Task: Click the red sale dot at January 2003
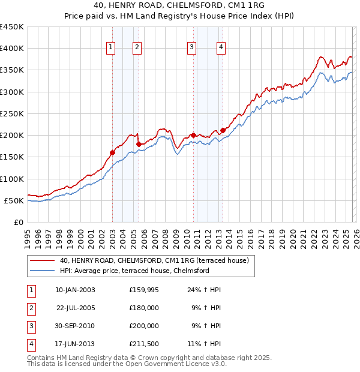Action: point(112,152)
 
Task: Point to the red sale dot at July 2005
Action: point(139,144)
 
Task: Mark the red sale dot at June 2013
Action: point(223,130)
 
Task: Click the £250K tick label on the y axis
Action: point(12,113)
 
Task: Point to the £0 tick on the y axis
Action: point(19,222)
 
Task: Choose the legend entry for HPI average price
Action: point(134,271)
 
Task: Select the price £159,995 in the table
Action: point(143,290)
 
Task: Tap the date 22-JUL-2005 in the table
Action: point(75,308)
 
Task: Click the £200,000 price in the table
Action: point(143,326)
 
